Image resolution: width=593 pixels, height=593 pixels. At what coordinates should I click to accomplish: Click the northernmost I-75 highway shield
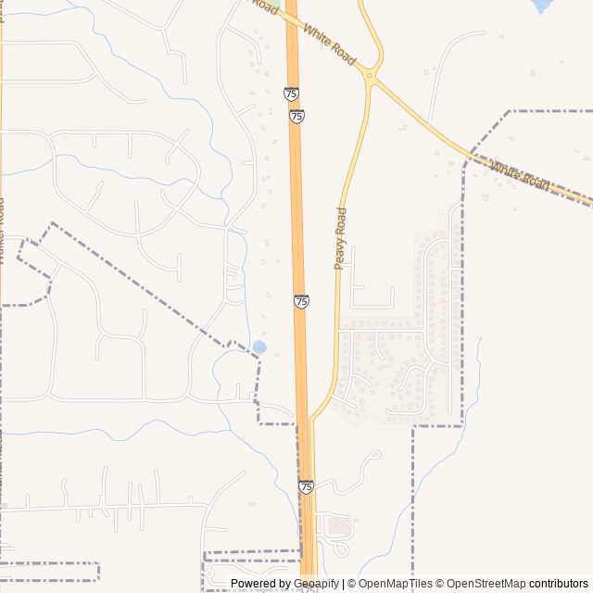tap(291, 94)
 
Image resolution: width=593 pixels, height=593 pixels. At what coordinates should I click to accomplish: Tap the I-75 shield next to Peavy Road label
tap(302, 301)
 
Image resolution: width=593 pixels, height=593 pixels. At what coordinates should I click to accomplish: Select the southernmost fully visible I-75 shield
tap(306, 486)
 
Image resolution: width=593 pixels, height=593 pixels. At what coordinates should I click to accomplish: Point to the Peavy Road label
tap(340, 238)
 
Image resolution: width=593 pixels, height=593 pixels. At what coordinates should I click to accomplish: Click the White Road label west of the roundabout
tap(329, 47)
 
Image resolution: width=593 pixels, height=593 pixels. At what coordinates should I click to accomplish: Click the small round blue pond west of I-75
tap(259, 347)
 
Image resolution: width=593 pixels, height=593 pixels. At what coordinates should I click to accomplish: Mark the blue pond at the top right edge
tap(541, 5)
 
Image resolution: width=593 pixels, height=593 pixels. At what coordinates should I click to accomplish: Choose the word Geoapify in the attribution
tap(316, 584)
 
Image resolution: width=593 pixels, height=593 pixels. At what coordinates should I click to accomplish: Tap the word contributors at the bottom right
tap(559, 584)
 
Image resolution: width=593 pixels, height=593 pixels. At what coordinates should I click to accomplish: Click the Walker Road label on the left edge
tap(3, 232)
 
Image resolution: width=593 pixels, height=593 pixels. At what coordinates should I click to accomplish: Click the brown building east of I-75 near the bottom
tap(339, 526)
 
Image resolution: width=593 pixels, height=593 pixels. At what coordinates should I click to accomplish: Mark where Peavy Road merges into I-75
tap(311, 422)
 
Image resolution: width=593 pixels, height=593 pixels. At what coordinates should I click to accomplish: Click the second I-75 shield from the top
tap(296, 116)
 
